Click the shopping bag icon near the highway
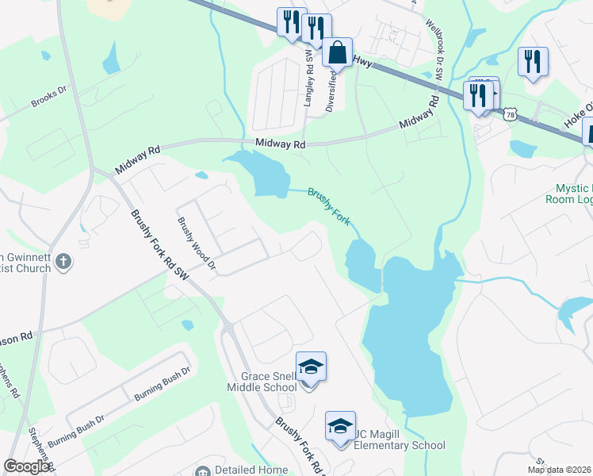[x=338, y=52]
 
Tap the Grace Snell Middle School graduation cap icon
[x=311, y=367]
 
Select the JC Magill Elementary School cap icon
[x=340, y=427]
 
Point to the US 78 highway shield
[x=510, y=113]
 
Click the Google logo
[x=27, y=466]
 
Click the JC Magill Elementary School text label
[x=400, y=445]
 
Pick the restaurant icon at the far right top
[x=532, y=61]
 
